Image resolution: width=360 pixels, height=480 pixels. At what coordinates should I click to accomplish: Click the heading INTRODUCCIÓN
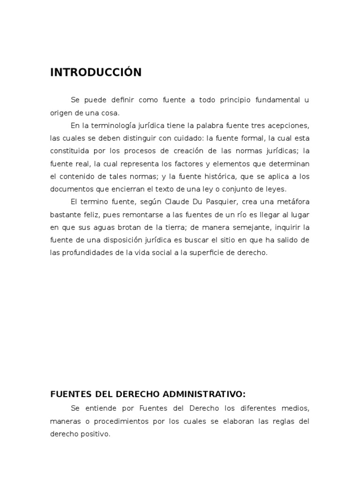tap(96, 72)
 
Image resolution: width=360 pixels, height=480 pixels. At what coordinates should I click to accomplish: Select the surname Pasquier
tap(218, 202)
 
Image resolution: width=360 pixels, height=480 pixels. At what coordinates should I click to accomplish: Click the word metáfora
tap(292, 202)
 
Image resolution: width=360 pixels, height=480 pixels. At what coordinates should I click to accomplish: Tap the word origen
tap(60, 113)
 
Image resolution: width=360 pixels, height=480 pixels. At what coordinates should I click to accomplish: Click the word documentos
tap(71, 189)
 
